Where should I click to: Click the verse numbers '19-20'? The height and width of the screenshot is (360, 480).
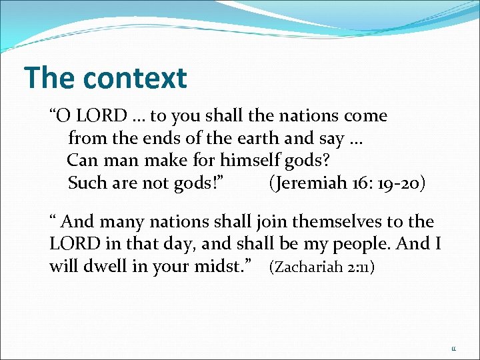pos(400,183)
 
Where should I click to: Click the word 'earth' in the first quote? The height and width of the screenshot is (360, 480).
pos(259,139)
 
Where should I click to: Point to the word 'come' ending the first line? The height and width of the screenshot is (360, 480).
pos(365,116)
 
